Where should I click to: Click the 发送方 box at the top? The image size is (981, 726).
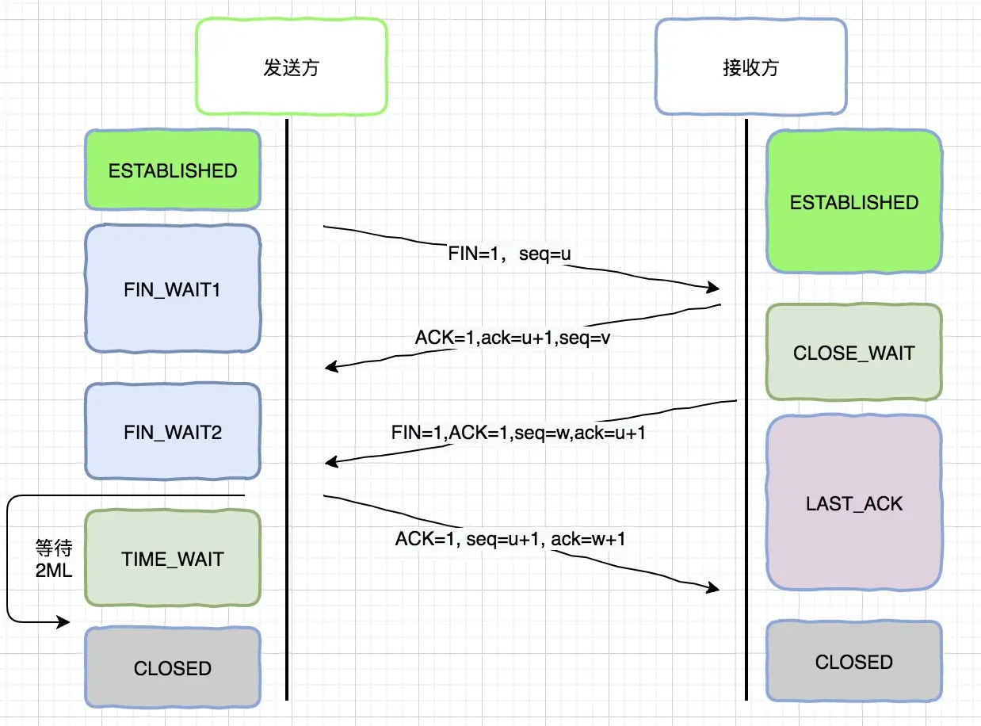click(292, 67)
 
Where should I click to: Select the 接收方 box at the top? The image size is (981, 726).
click(750, 67)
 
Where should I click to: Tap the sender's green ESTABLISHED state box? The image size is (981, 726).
click(173, 170)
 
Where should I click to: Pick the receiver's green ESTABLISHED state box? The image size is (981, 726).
click(854, 202)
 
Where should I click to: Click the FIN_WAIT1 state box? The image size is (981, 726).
click(173, 288)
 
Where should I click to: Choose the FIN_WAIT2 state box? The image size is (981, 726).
click(173, 431)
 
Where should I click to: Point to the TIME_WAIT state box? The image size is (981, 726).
click(173, 558)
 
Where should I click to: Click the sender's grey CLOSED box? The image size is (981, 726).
click(173, 667)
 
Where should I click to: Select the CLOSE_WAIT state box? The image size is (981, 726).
click(854, 352)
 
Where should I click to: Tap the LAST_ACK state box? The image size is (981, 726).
click(854, 502)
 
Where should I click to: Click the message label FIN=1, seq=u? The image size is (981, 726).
click(510, 254)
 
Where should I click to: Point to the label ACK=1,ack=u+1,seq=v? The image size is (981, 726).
click(513, 338)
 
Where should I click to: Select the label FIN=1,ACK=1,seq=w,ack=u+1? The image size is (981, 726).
click(518, 432)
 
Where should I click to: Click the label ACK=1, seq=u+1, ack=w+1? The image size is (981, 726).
click(510, 539)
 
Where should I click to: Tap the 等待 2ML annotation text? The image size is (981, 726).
click(54, 559)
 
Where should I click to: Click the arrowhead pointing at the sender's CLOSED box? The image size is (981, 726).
click(63, 622)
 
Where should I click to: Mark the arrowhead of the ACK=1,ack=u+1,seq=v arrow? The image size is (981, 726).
click(332, 366)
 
